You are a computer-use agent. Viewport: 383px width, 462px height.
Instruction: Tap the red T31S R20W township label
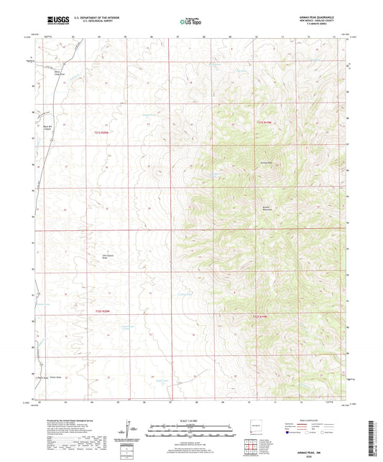coord(103,131)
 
